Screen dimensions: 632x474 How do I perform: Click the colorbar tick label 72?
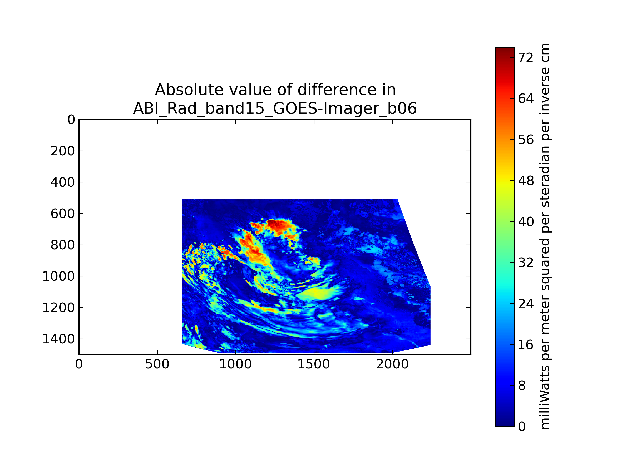tap(526, 58)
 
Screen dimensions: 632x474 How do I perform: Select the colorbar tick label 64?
tap(526, 99)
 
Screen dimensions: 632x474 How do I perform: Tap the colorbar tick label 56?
tap(526, 140)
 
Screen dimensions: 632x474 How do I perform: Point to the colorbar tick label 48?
tap(526, 181)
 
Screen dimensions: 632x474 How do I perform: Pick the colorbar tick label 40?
tap(526, 222)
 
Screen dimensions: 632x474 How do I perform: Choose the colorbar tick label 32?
tap(526, 263)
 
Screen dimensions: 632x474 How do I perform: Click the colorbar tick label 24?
tap(526, 304)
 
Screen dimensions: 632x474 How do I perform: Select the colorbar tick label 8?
tap(522, 386)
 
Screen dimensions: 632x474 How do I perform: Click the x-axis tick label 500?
tap(157, 364)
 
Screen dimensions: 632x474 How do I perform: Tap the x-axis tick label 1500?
tap(314, 364)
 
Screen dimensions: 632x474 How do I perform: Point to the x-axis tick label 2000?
tap(392, 364)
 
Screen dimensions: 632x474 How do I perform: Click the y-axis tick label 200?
tap(63, 151)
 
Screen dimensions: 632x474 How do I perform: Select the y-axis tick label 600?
tap(63, 214)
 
